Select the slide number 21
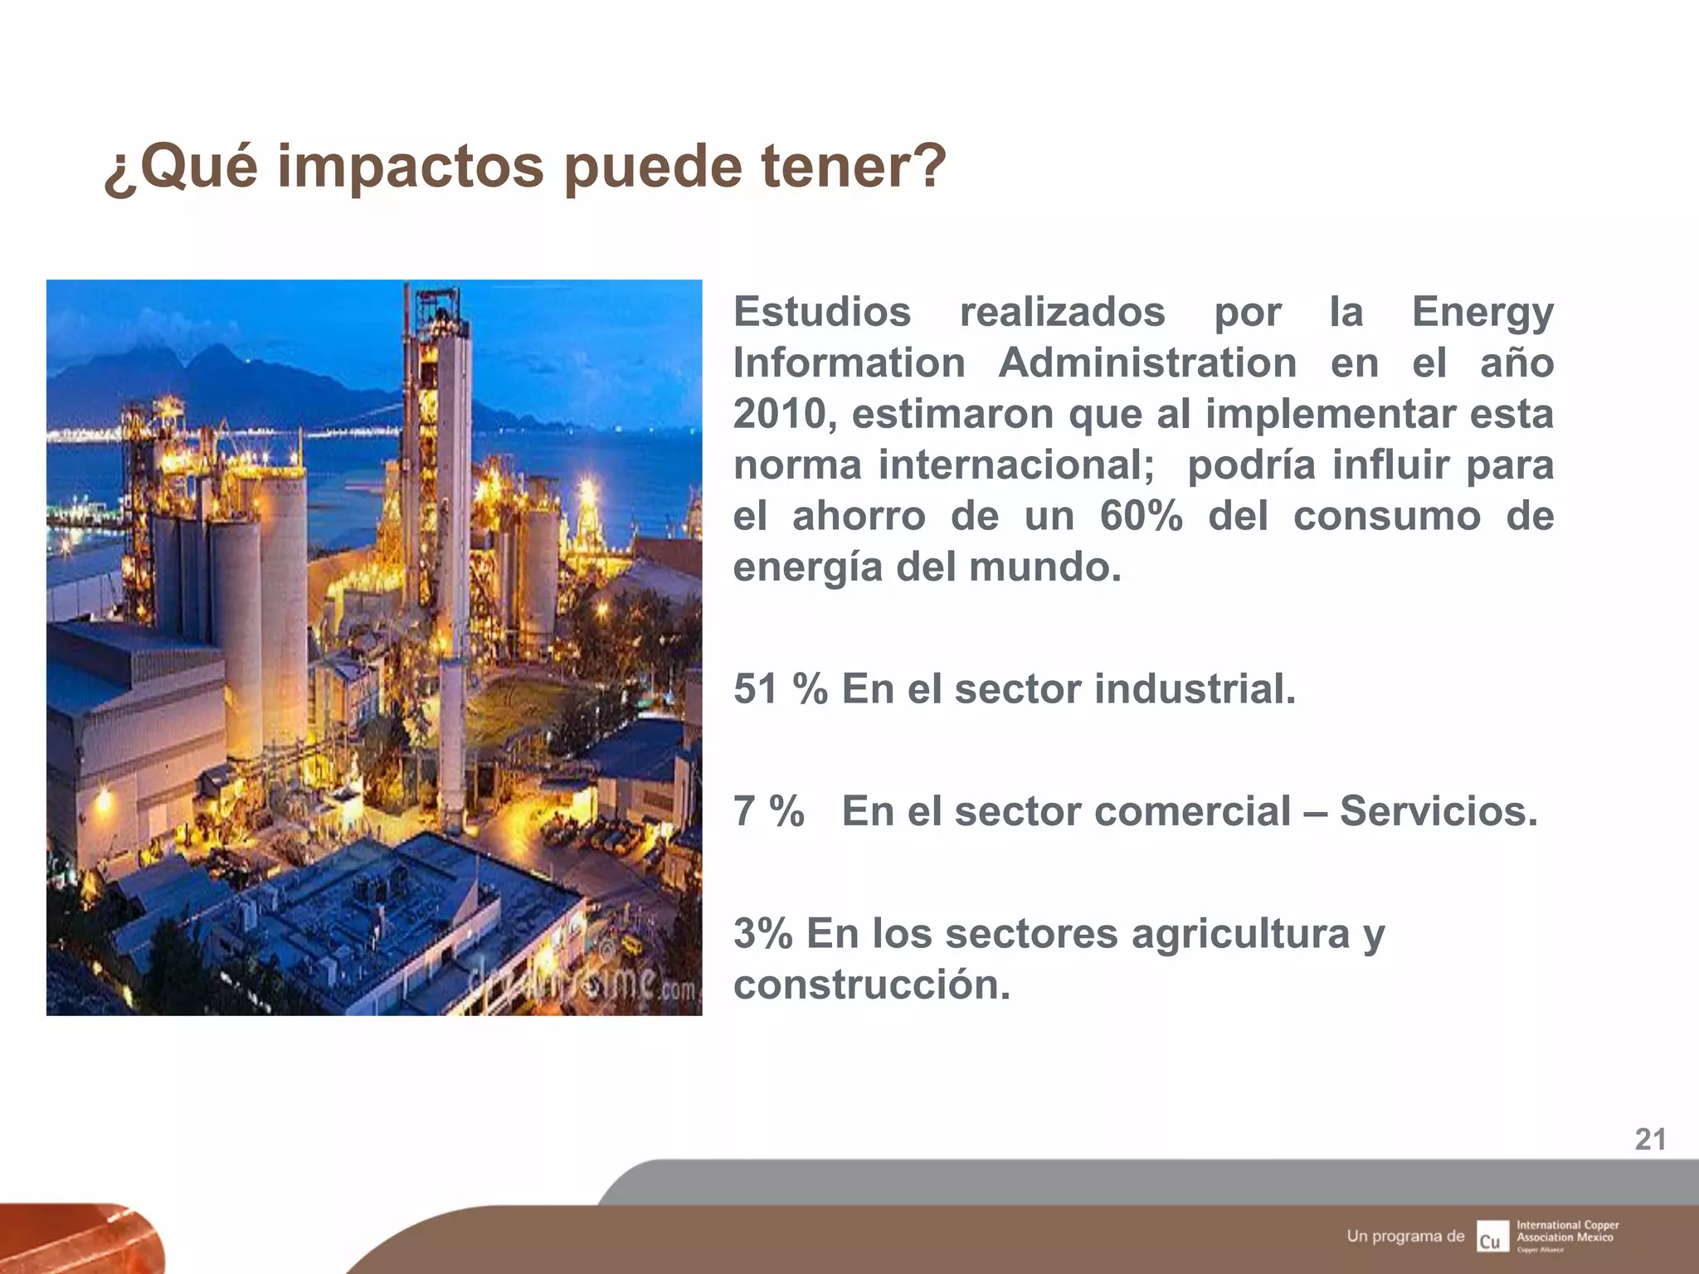coord(1650,1140)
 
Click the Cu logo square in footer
coord(1492,1236)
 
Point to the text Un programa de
coord(1405,1236)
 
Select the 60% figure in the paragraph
coord(1141,516)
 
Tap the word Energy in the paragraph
coord(1482,314)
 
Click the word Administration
coord(1147,363)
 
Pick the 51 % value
coord(780,688)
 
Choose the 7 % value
coord(768,811)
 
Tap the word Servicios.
coord(1439,811)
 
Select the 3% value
coord(762,933)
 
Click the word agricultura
coord(1240,935)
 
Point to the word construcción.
coord(871,985)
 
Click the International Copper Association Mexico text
coord(1567,1231)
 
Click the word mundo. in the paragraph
coord(1044,567)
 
